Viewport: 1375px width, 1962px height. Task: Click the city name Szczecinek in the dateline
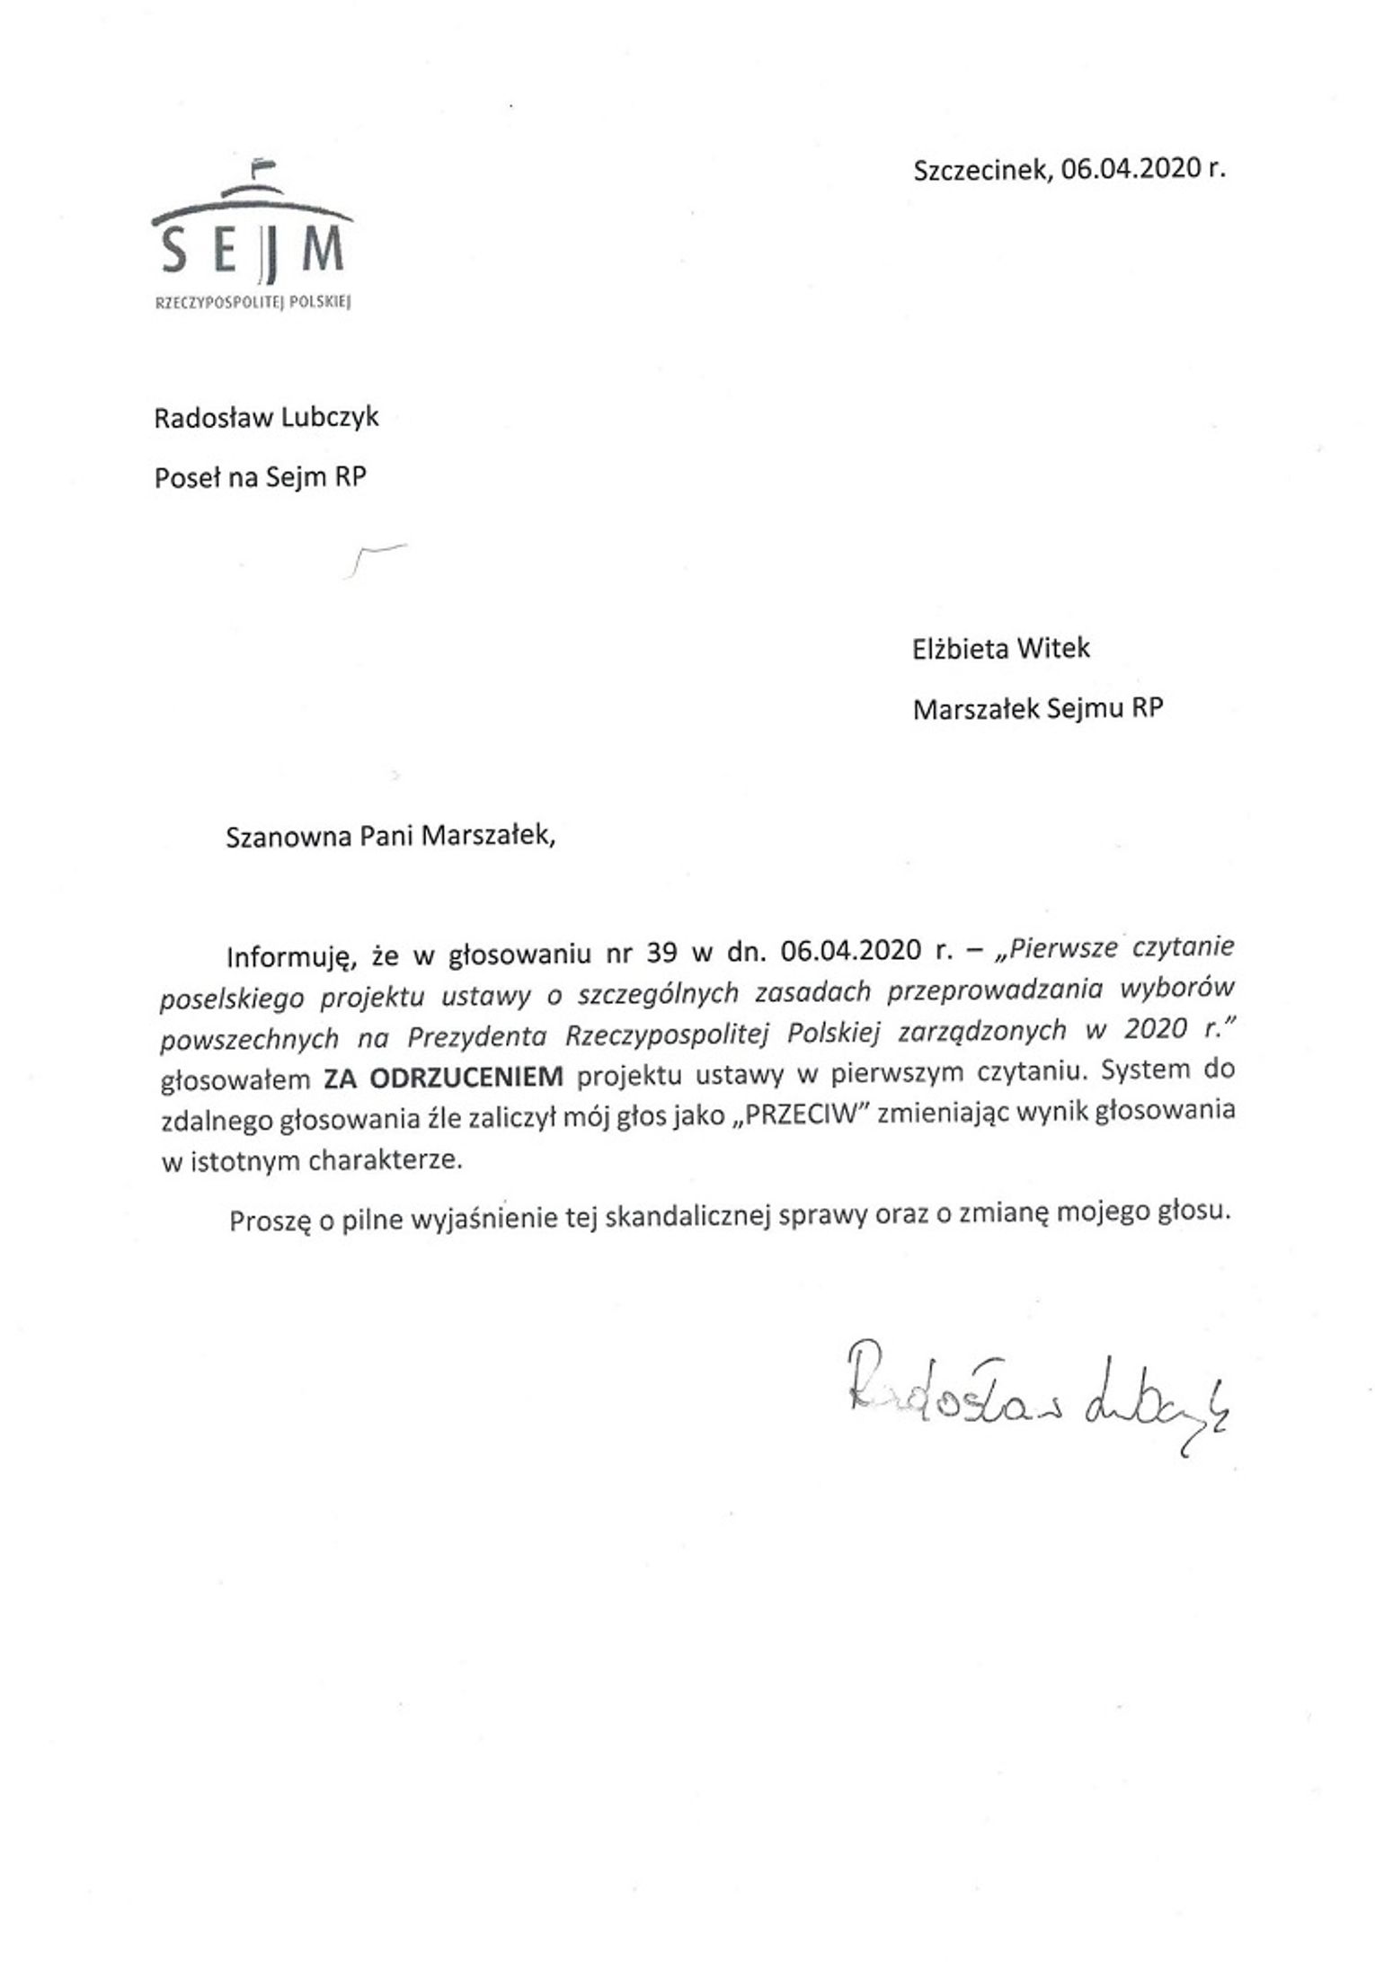(980, 170)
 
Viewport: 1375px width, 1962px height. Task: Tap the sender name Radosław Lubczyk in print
(266, 418)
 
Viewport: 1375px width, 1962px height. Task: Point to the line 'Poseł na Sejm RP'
(261, 477)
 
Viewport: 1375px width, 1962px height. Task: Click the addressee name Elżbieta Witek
(1000, 648)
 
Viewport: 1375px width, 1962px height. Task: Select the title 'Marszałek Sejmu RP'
(1037, 709)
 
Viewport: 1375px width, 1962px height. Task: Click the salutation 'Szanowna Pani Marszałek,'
(391, 836)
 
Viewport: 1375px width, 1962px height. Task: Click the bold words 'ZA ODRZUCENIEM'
(444, 1076)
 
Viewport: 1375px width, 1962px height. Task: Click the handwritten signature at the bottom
(1033, 1402)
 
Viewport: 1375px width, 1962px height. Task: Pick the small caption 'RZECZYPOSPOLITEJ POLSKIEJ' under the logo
(252, 304)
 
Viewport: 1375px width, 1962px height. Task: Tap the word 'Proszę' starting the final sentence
(268, 1221)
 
